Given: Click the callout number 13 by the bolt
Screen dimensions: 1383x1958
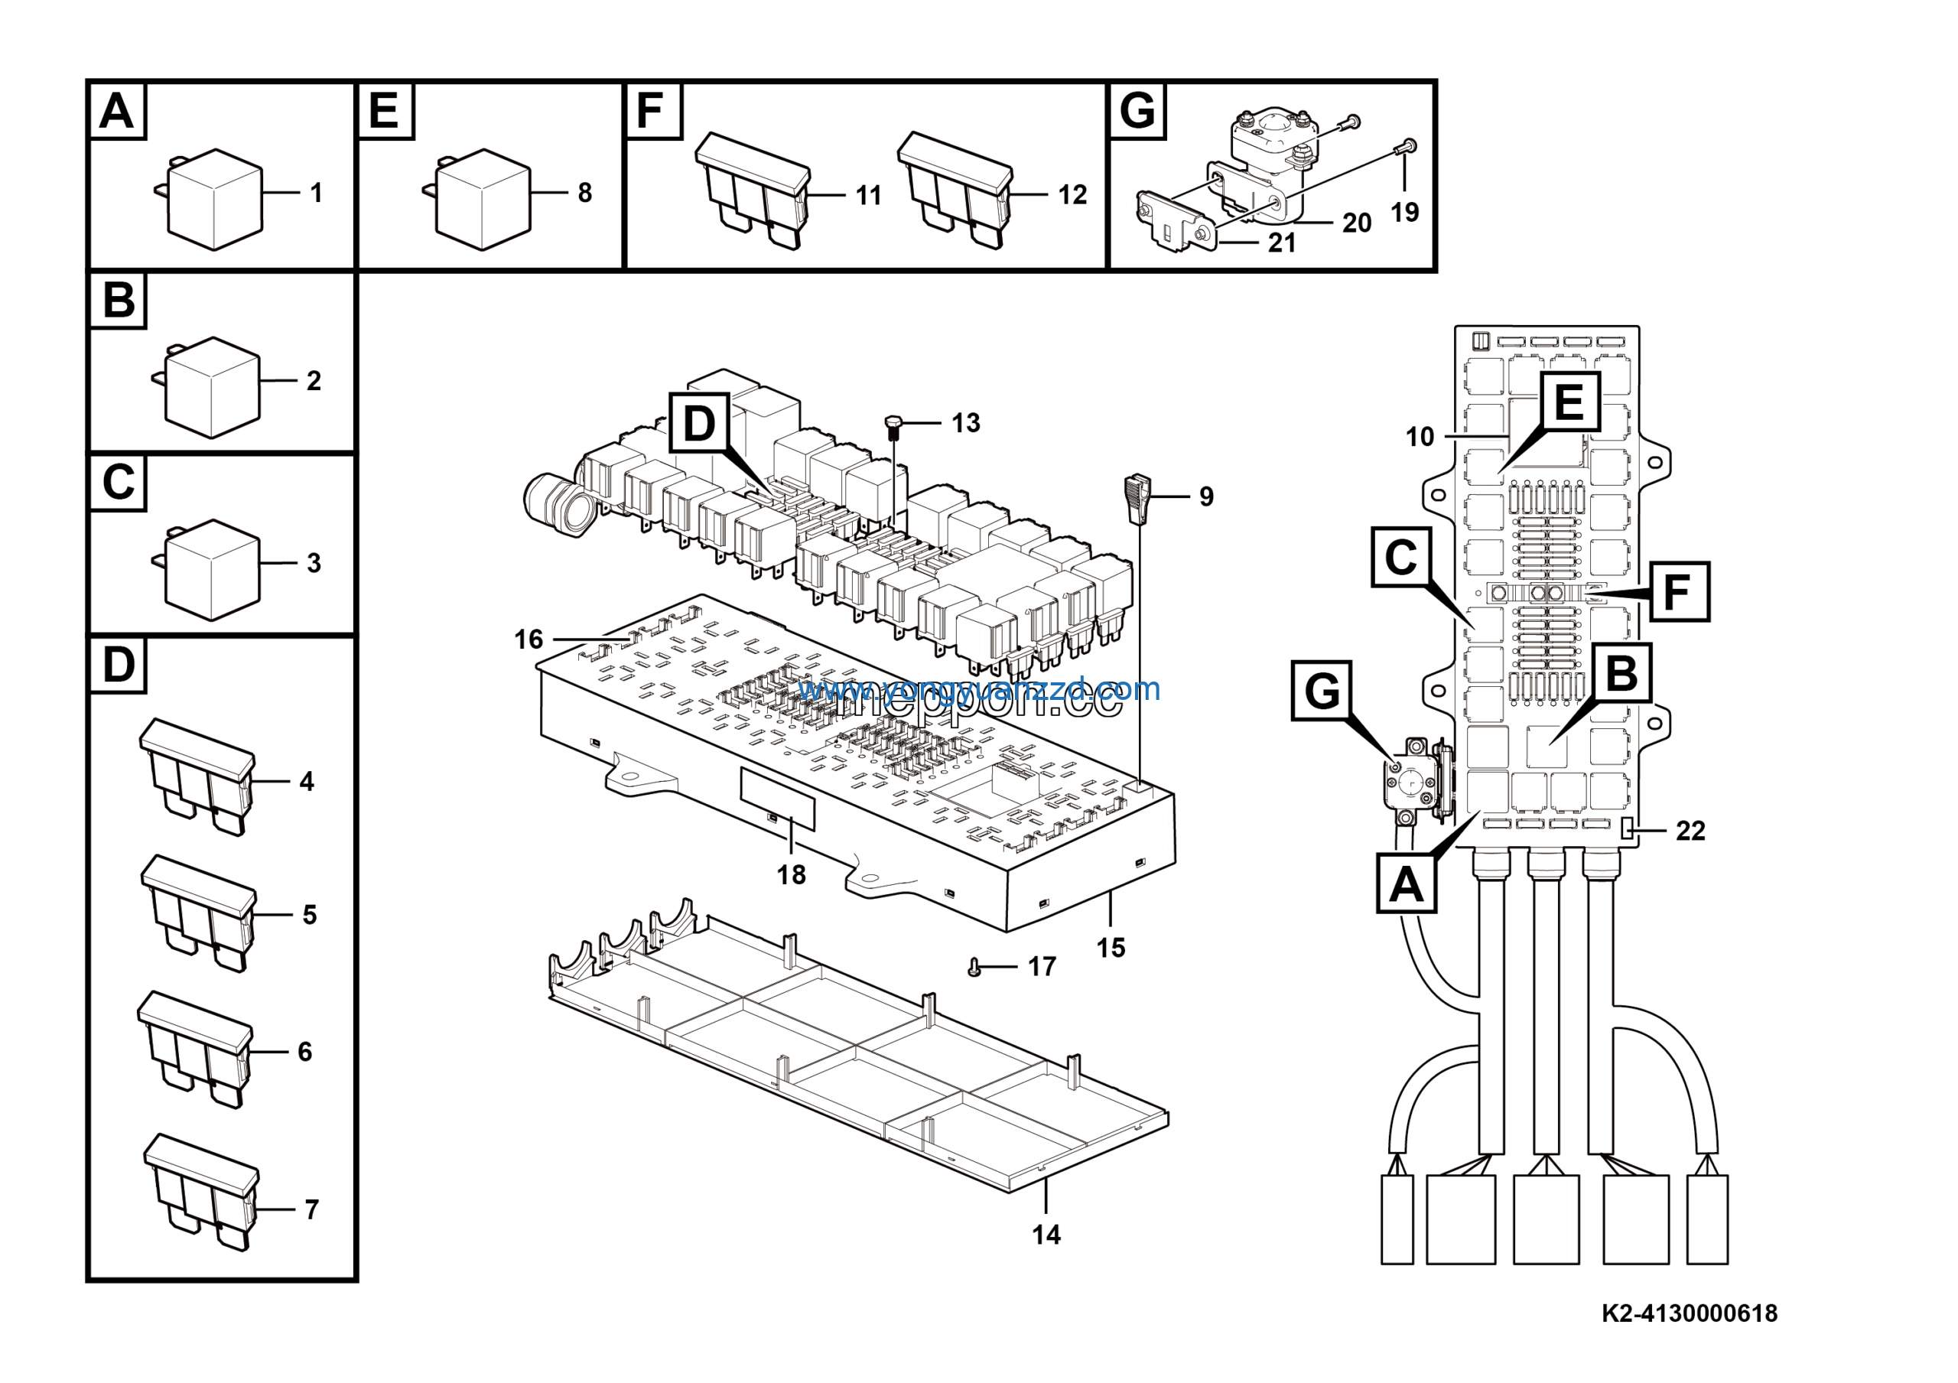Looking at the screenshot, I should coord(965,423).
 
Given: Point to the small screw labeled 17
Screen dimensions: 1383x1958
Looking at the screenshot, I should coord(974,968).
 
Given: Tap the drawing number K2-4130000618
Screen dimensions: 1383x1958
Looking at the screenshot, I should coord(1689,1313).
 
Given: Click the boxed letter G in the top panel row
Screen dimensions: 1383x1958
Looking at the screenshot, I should coord(1137,111).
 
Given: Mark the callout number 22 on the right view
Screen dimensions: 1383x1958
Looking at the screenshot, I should coord(1690,831).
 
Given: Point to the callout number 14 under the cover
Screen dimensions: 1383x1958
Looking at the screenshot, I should coord(1046,1235).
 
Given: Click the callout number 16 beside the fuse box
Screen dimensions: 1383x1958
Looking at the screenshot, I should coord(529,639).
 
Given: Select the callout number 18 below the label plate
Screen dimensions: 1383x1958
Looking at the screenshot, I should coord(792,875).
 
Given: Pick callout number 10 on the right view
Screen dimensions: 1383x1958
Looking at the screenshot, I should coord(1420,437).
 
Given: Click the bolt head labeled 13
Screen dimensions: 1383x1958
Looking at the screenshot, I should coord(893,423).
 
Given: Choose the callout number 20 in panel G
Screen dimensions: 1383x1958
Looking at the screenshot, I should coord(1356,223).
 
